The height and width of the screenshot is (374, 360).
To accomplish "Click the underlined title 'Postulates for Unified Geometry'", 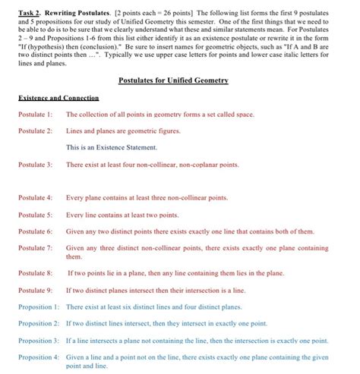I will tap(178, 80).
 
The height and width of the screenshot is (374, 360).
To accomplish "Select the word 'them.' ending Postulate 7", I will tap(74, 256).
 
